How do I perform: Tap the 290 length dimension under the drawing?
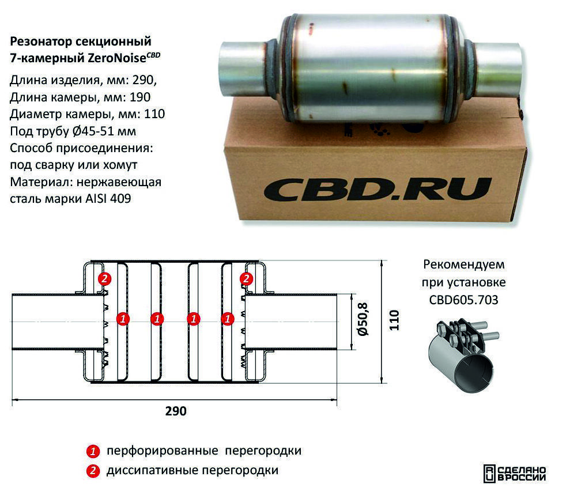tap(176, 411)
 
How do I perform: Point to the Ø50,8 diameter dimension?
tap(363, 320)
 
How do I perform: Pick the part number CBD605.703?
tap(463, 300)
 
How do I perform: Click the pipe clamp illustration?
tap(464, 357)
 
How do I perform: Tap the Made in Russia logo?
tap(514, 473)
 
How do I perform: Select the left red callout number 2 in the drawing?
tap(104, 279)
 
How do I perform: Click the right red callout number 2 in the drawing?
tap(246, 279)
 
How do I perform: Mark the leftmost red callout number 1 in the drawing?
tap(123, 317)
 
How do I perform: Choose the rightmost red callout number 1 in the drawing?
tap(228, 317)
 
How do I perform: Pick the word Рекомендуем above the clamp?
tap(463, 265)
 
